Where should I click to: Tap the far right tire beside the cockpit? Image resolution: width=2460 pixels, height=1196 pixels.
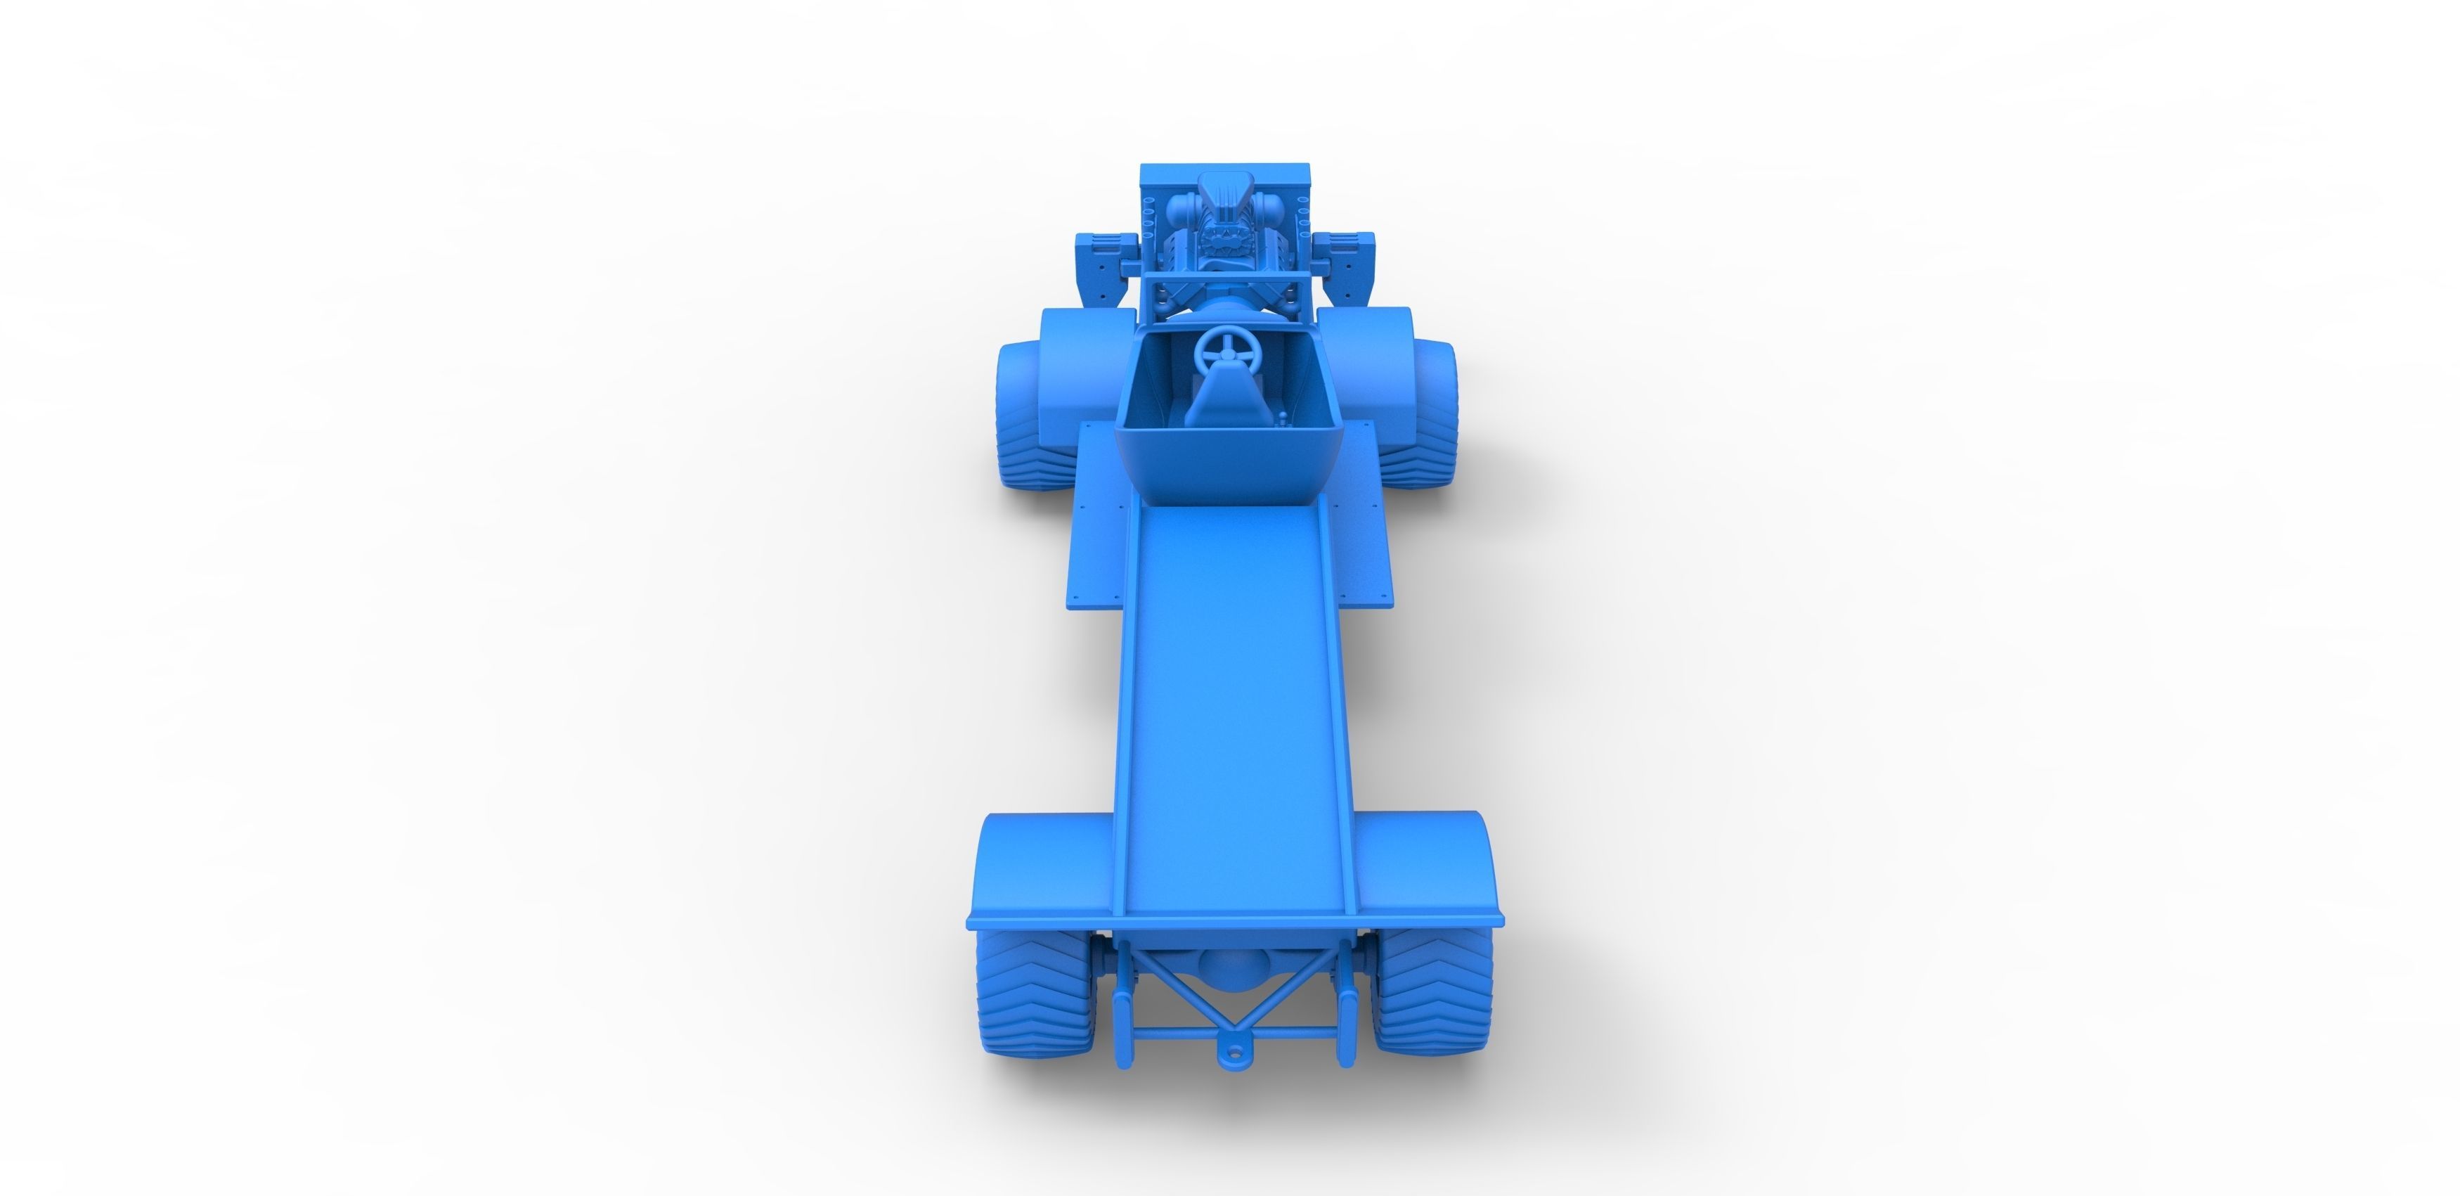click(1432, 420)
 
